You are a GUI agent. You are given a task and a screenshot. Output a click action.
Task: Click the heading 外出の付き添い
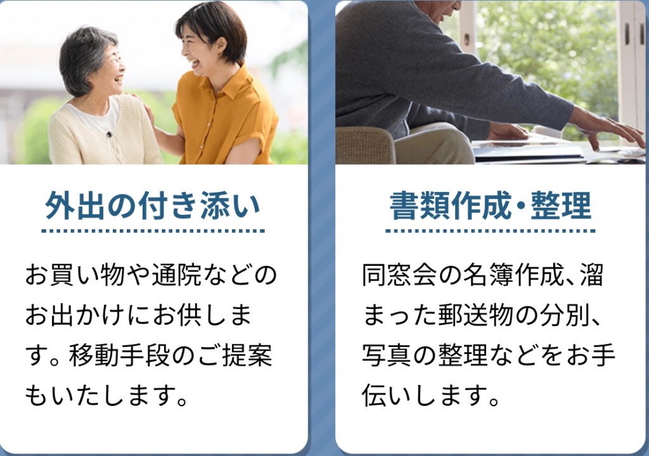coord(152,205)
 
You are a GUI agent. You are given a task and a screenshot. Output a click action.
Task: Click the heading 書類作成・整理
coord(491,205)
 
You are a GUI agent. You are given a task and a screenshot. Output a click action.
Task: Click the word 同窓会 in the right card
coord(399,275)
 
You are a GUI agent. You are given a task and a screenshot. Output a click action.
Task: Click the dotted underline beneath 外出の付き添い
coord(153,231)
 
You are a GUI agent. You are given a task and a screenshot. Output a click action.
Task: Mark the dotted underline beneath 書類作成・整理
coord(491,231)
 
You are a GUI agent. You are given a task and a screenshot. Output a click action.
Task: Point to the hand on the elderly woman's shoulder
coord(139,103)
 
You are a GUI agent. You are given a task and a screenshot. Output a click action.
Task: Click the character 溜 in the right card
coord(591,275)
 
